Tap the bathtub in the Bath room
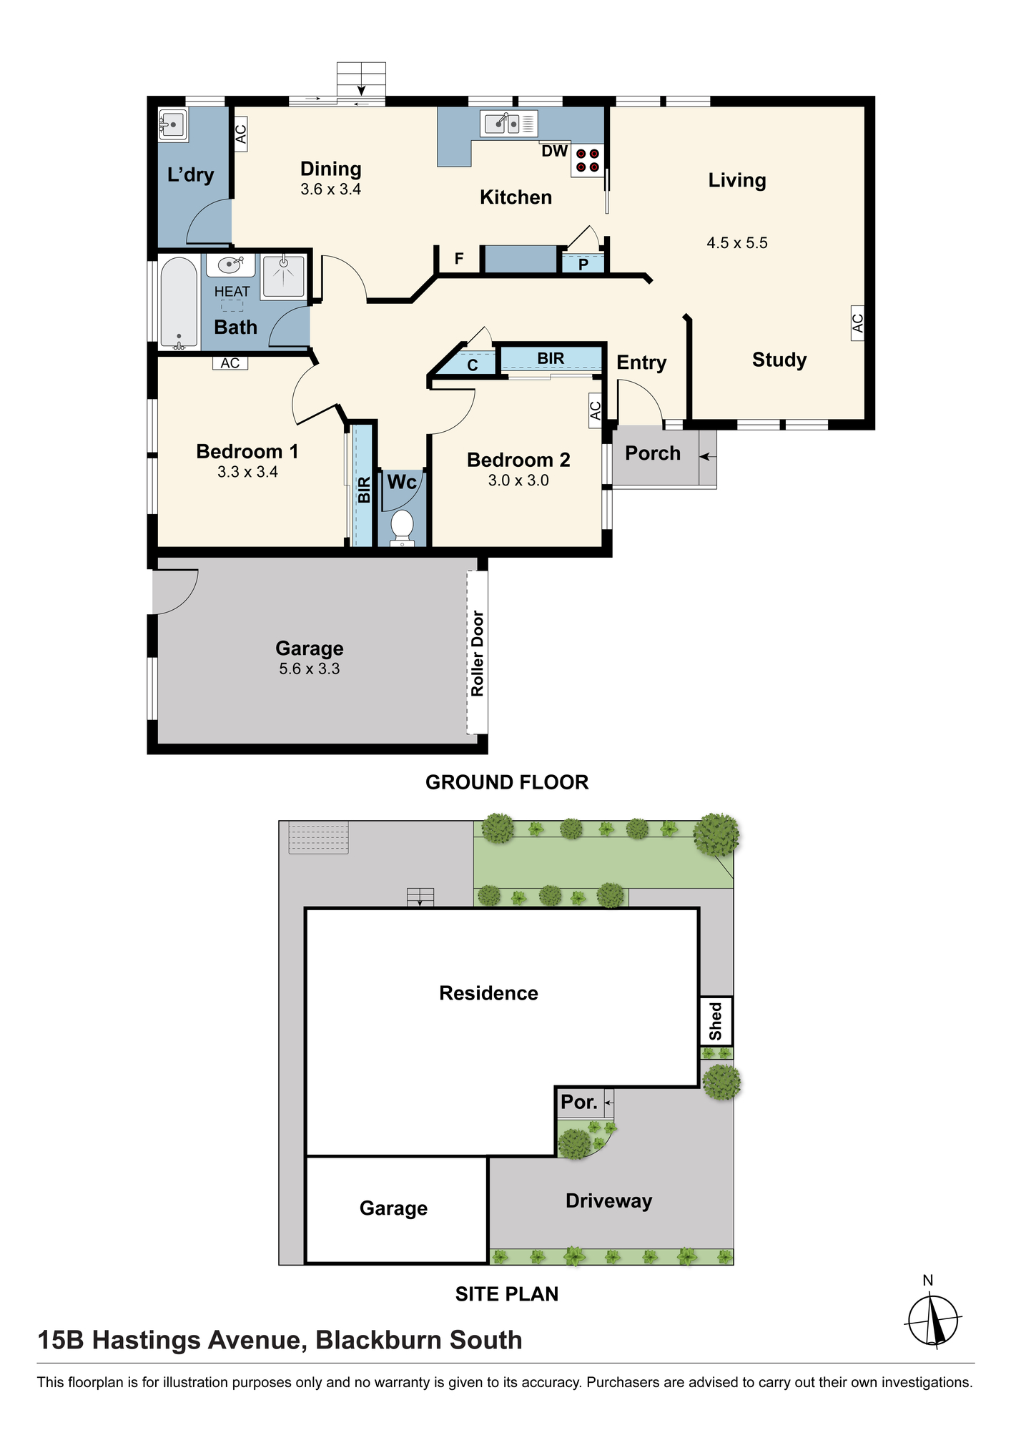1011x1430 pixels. coord(178,303)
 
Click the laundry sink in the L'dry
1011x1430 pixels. coord(172,125)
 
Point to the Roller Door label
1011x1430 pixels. coord(478,654)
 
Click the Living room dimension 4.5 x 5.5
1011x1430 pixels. coord(737,243)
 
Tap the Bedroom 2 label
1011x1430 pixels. coord(518,460)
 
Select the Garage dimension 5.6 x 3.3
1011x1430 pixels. coord(310,669)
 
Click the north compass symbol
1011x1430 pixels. coord(933,1320)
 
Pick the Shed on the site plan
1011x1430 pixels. coord(716,1021)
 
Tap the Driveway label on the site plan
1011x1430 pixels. coord(608,1201)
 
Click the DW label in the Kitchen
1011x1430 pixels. coord(555,151)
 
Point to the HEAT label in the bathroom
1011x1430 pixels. coord(232,292)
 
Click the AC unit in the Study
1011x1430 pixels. coord(857,323)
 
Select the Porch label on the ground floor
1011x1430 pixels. coord(653,453)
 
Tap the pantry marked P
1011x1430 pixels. coord(583,264)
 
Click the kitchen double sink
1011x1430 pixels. coord(508,124)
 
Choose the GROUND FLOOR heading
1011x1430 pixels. coord(507,782)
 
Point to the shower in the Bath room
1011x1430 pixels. coord(284,275)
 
